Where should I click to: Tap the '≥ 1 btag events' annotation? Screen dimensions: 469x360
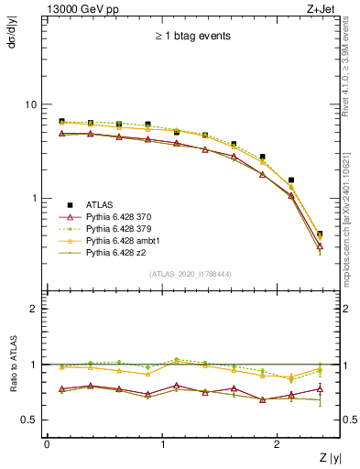pyautogui.click(x=192, y=37)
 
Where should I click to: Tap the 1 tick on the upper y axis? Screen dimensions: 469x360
pyautogui.click(x=36, y=199)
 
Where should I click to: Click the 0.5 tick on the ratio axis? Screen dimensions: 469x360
pyautogui.click(x=31, y=420)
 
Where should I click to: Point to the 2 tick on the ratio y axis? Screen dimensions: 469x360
pyautogui.click(x=36, y=309)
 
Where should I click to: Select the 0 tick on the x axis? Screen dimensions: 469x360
pyautogui.click(x=47, y=443)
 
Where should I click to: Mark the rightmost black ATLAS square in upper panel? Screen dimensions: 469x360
pyautogui.click(x=319, y=234)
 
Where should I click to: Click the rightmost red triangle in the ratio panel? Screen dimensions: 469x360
pyautogui.click(x=319, y=388)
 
